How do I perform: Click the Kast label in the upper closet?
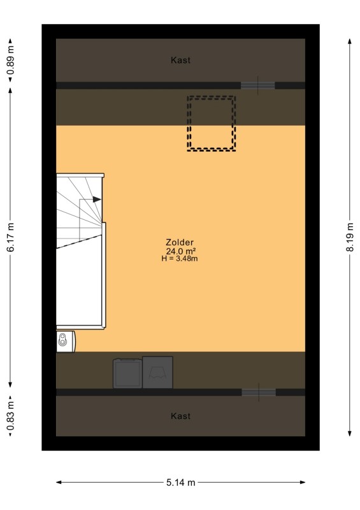pyautogui.click(x=180, y=60)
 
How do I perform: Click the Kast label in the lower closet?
pyautogui.click(x=180, y=416)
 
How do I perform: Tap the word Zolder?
pyautogui.click(x=180, y=242)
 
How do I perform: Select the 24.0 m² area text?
pyautogui.click(x=181, y=251)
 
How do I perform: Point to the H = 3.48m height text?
pyautogui.click(x=180, y=259)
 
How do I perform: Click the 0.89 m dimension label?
pyautogui.click(x=11, y=61)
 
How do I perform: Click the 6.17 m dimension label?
pyautogui.click(x=11, y=237)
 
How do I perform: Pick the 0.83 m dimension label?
pyautogui.click(x=11, y=416)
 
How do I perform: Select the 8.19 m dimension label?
pyautogui.click(x=350, y=237)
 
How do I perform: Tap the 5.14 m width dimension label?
pyautogui.click(x=181, y=483)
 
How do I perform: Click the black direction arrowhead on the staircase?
pyautogui.click(x=97, y=200)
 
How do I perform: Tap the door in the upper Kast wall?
pyautogui.click(x=258, y=85)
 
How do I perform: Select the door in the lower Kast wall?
pyautogui.click(x=259, y=392)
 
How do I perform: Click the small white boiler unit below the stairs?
pyautogui.click(x=66, y=341)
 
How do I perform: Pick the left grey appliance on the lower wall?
pyautogui.click(x=127, y=374)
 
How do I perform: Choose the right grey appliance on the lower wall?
pyautogui.click(x=157, y=372)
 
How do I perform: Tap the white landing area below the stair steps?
pyautogui.click(x=79, y=286)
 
